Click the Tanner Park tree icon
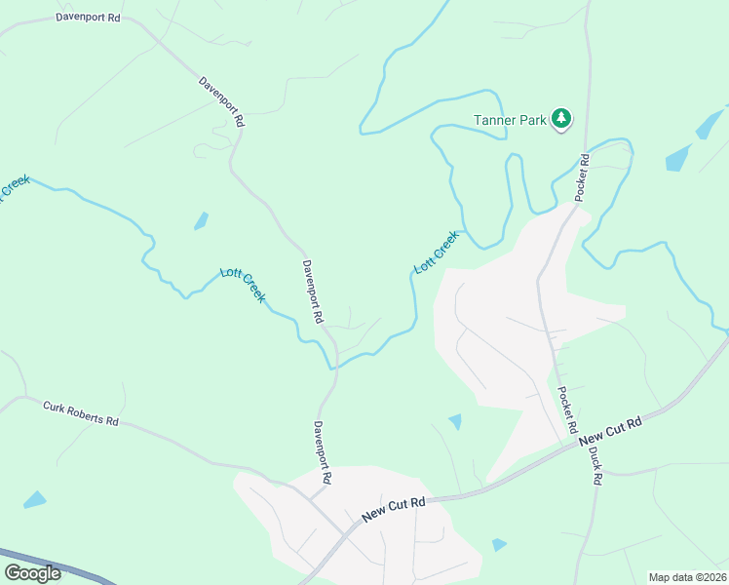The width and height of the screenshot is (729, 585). pyautogui.click(x=561, y=119)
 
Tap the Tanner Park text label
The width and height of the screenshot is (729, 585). pyautogui.click(x=511, y=120)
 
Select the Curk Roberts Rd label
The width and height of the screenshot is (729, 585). pyautogui.click(x=81, y=413)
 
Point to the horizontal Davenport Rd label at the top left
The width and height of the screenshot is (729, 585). pyautogui.click(x=88, y=18)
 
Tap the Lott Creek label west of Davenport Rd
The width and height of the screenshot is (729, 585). pyautogui.click(x=243, y=284)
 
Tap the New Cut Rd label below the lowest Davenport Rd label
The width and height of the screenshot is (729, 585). pyautogui.click(x=394, y=508)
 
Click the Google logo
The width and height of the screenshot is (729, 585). pyautogui.click(x=32, y=572)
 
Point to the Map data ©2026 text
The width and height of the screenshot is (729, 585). pyautogui.click(x=687, y=577)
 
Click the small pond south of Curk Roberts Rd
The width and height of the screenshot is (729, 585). pyautogui.click(x=35, y=500)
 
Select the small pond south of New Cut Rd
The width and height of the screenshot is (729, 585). pyautogui.click(x=499, y=544)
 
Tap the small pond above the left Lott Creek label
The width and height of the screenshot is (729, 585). pyautogui.click(x=201, y=221)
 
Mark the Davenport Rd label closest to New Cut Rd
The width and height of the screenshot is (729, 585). pyautogui.click(x=324, y=452)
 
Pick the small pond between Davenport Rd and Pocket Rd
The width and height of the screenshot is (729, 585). pyautogui.click(x=455, y=421)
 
